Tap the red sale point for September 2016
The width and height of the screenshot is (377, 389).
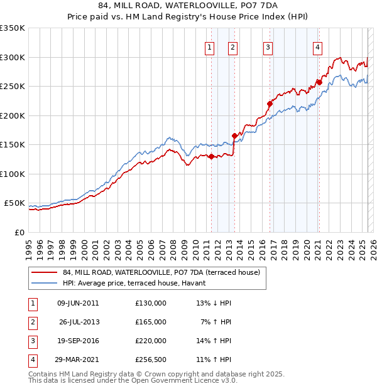(270, 104)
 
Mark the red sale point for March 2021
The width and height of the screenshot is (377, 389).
(319, 82)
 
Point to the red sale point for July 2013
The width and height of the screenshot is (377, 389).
(234, 136)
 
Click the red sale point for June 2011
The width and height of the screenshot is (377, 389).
(211, 156)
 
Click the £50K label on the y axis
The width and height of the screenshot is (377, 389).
(14, 203)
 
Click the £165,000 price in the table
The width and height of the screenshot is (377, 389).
(151, 322)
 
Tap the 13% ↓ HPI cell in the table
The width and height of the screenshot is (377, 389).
(214, 303)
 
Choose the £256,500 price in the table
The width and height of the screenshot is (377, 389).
(151, 360)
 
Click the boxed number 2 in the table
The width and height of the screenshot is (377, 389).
(32, 322)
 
